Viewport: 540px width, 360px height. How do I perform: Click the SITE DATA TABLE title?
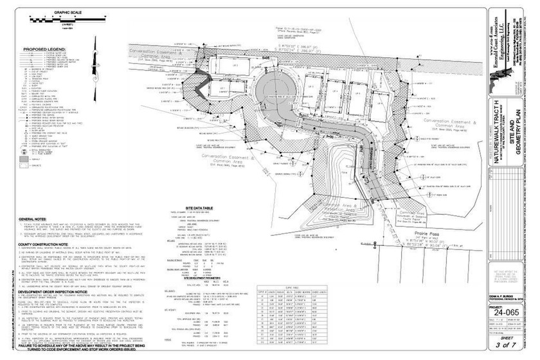(x=203, y=210)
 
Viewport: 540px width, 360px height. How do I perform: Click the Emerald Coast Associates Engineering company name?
(x=498, y=39)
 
